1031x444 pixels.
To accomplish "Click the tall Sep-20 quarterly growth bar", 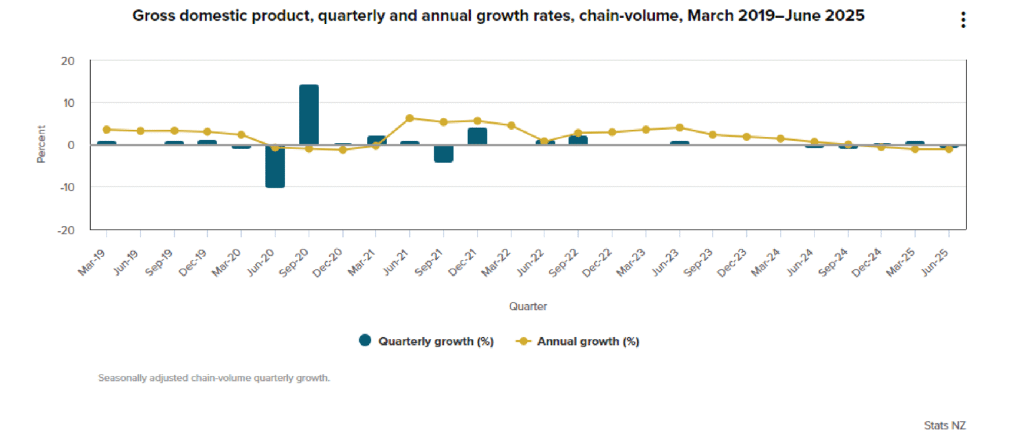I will click(x=309, y=115).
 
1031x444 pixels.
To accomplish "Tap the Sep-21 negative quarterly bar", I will click(x=443, y=153).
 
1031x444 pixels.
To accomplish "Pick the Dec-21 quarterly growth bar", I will click(x=477, y=136).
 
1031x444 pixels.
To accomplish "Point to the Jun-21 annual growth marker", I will click(x=410, y=118).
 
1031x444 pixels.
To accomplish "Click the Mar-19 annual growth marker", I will click(x=107, y=129).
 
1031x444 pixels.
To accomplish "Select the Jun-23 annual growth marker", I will click(x=680, y=127).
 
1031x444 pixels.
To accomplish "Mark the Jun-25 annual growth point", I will click(x=949, y=148).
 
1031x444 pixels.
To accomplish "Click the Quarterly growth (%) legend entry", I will click(x=426, y=341).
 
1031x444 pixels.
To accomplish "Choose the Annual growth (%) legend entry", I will click(x=579, y=341).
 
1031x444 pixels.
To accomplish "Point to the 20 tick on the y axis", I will click(x=67, y=60).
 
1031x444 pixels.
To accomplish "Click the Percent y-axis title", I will click(x=42, y=144).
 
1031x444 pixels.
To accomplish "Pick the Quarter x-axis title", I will click(x=528, y=306).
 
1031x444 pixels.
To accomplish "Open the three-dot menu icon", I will click(x=964, y=20).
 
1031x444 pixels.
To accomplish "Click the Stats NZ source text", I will click(x=944, y=425).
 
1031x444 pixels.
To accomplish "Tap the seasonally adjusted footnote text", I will click(x=214, y=378).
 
